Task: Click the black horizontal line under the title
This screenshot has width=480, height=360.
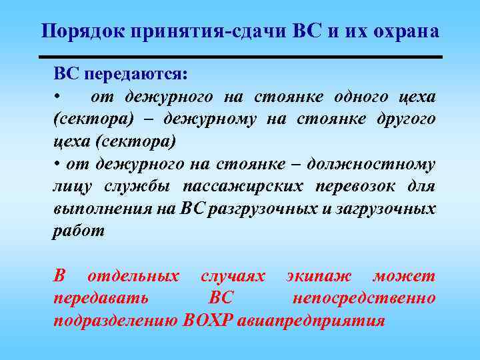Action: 240,57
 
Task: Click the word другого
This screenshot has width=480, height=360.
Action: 403,119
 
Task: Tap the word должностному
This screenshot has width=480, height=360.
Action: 381,164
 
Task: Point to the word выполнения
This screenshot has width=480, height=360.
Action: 102,209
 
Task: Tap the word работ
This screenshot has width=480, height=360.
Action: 79,231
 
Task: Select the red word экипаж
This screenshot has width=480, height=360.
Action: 319,276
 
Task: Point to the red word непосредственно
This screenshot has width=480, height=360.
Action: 364,298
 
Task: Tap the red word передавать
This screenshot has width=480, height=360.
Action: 101,298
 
